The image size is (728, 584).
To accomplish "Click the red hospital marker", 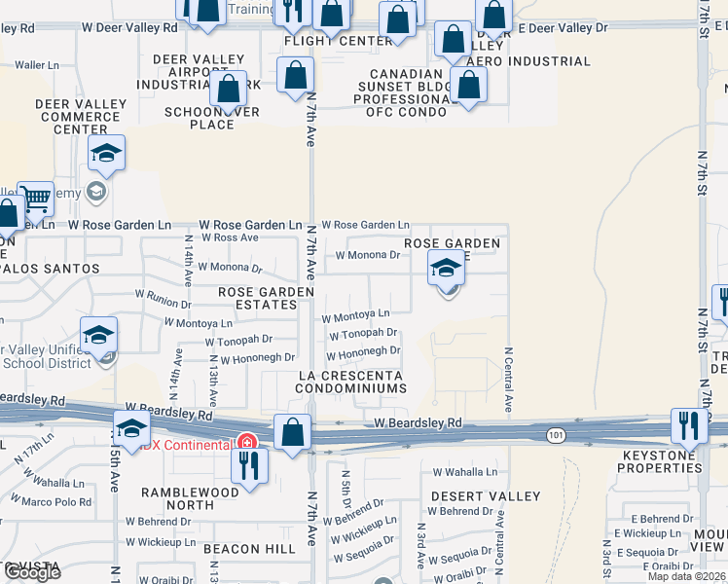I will coord(247,442).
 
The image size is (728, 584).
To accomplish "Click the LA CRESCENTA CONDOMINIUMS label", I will coord(351,382).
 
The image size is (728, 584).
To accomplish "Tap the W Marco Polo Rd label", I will coord(55,502).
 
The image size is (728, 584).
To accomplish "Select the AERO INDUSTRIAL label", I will coord(528,61).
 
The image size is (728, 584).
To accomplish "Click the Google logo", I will coord(32,572).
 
